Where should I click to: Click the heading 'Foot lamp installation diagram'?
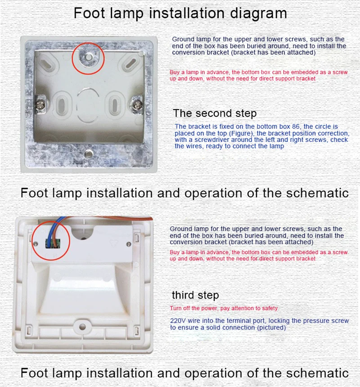(x=180, y=13)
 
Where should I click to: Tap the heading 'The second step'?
(x=215, y=113)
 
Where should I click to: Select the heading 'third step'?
(x=195, y=295)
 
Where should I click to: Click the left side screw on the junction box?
(x=40, y=105)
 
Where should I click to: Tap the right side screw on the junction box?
(x=137, y=106)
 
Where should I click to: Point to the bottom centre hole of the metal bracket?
(x=88, y=154)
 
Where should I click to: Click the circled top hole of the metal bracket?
(x=89, y=58)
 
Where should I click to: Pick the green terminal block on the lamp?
(x=53, y=243)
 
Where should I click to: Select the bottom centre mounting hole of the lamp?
(x=82, y=327)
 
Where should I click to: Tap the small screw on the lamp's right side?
(x=129, y=244)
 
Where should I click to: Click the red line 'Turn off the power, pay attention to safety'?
(x=224, y=308)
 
